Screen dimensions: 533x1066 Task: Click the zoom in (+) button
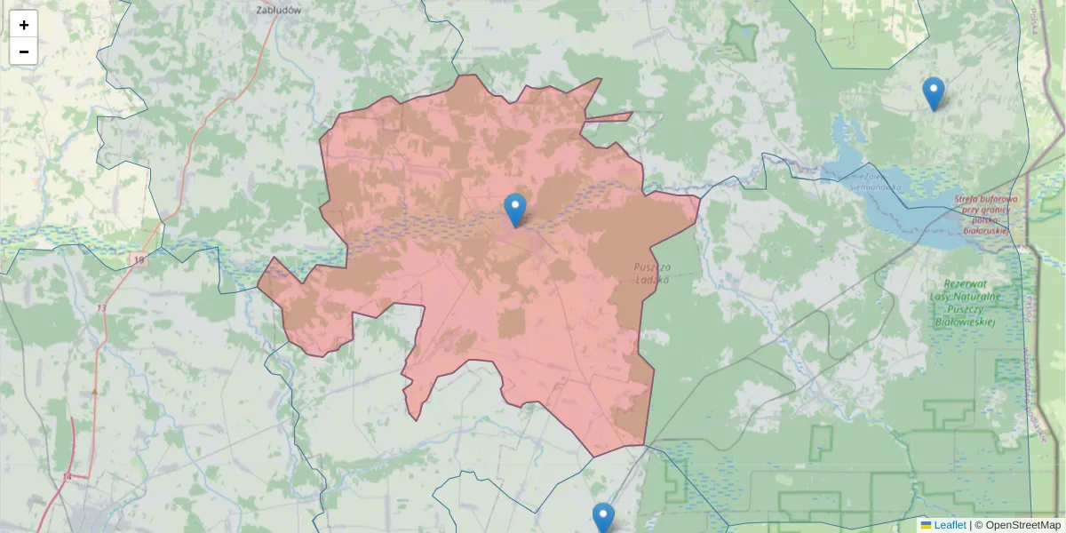(x=24, y=25)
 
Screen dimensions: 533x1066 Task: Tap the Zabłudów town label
(x=278, y=11)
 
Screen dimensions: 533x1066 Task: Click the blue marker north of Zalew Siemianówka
(x=933, y=93)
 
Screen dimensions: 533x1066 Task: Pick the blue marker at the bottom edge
(x=603, y=518)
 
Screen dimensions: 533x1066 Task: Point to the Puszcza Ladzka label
(x=653, y=273)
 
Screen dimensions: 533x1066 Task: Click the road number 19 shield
(x=139, y=259)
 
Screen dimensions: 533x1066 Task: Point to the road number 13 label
(x=102, y=307)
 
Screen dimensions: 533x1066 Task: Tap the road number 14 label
(x=67, y=477)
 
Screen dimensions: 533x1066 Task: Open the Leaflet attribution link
(x=950, y=525)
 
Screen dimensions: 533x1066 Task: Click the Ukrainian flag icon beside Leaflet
(x=926, y=525)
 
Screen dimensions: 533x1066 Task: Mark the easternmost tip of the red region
(x=699, y=199)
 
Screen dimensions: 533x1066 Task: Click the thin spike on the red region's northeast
(x=631, y=114)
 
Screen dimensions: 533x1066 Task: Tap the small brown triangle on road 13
(x=94, y=390)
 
